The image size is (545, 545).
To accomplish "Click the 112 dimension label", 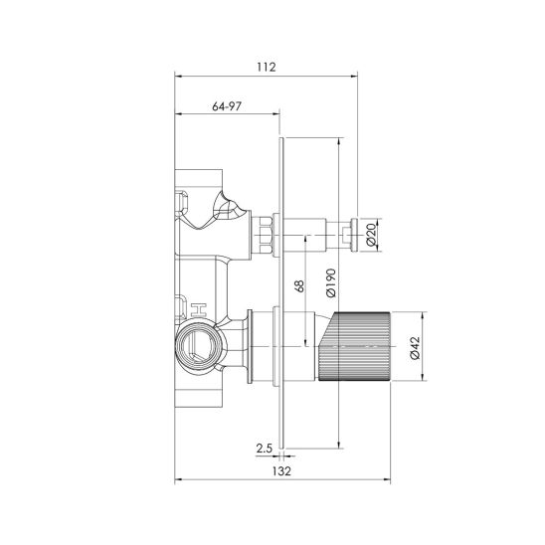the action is (x=267, y=67).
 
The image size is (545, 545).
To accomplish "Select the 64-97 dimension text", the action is (x=227, y=106).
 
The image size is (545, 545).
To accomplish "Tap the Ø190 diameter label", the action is (x=331, y=282).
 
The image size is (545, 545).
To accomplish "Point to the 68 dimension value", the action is (x=299, y=285).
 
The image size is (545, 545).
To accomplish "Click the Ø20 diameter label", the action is (x=371, y=235).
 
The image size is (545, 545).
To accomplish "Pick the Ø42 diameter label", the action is (x=415, y=348).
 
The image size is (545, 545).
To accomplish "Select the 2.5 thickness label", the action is (x=264, y=449).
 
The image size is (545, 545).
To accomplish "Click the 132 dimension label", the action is (x=281, y=471).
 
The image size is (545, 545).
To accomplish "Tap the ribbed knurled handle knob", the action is (x=354, y=346).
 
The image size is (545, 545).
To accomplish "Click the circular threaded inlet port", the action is (x=198, y=346).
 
